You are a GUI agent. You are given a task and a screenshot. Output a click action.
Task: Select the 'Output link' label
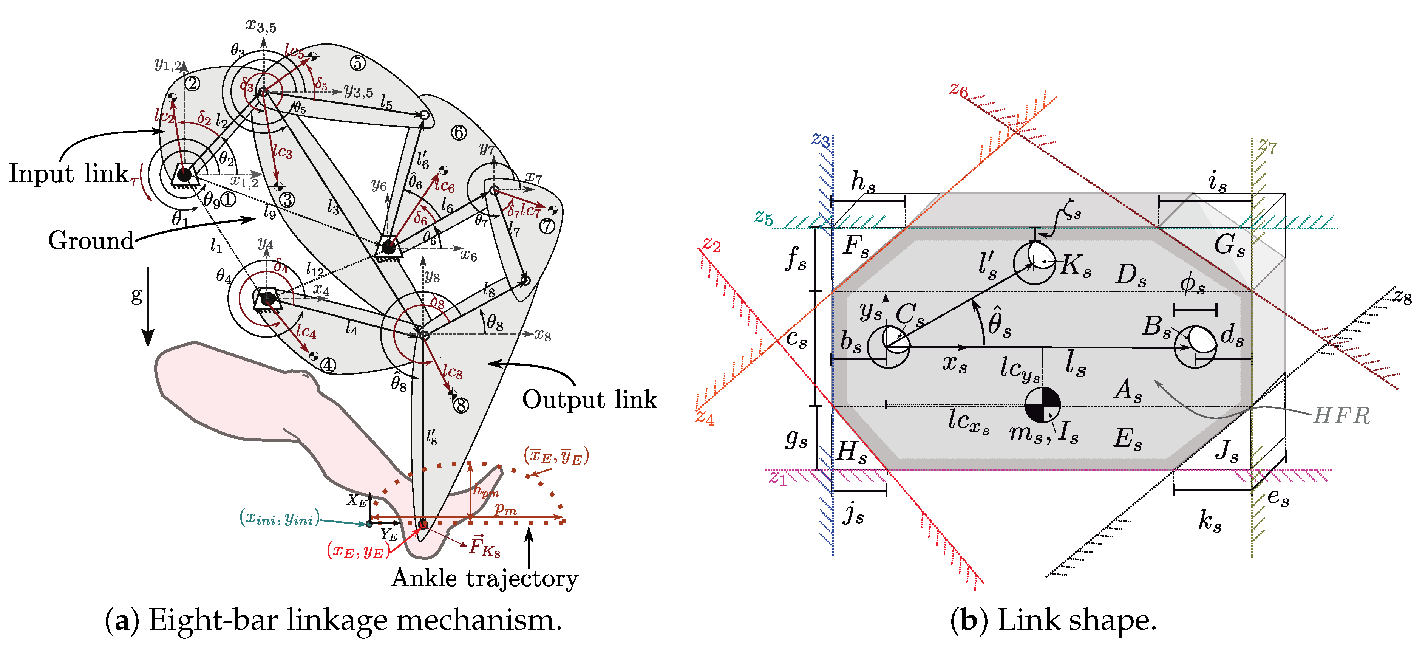[x=589, y=400]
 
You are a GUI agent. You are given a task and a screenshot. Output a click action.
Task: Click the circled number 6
[x=459, y=133]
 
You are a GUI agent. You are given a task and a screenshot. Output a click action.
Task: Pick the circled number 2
[x=192, y=84]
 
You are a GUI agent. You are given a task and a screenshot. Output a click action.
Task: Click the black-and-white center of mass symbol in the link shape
[x=1042, y=405]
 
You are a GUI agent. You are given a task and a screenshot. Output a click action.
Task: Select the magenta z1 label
[x=778, y=478]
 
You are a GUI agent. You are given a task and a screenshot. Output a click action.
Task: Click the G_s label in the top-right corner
[x=1229, y=245]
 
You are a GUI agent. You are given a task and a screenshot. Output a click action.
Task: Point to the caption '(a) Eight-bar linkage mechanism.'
[x=333, y=620]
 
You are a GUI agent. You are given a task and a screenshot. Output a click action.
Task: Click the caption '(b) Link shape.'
[x=1053, y=620]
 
